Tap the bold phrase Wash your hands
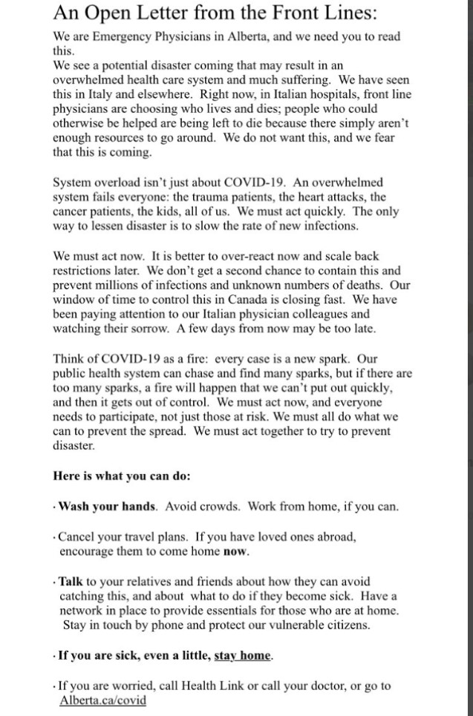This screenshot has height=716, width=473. [x=108, y=507]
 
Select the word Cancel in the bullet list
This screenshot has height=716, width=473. [x=77, y=536]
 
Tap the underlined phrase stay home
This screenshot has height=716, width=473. [x=243, y=656]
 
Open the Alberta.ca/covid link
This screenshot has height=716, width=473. [x=102, y=700]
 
